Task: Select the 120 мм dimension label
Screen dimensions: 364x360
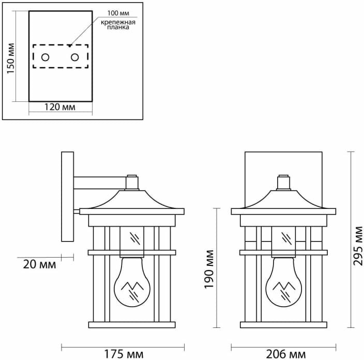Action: tap(60, 108)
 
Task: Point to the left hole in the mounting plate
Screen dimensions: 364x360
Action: tap(45, 57)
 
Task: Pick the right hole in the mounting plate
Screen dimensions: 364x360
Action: tap(75, 57)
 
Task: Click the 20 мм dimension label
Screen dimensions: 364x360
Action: tap(39, 264)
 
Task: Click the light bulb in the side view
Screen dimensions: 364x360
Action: tap(132, 282)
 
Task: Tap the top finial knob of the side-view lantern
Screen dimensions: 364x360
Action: tap(132, 182)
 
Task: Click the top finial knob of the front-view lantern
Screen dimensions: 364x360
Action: tap(283, 182)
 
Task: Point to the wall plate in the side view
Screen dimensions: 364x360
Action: tap(67, 197)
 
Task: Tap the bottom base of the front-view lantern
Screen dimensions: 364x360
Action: tap(283, 325)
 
